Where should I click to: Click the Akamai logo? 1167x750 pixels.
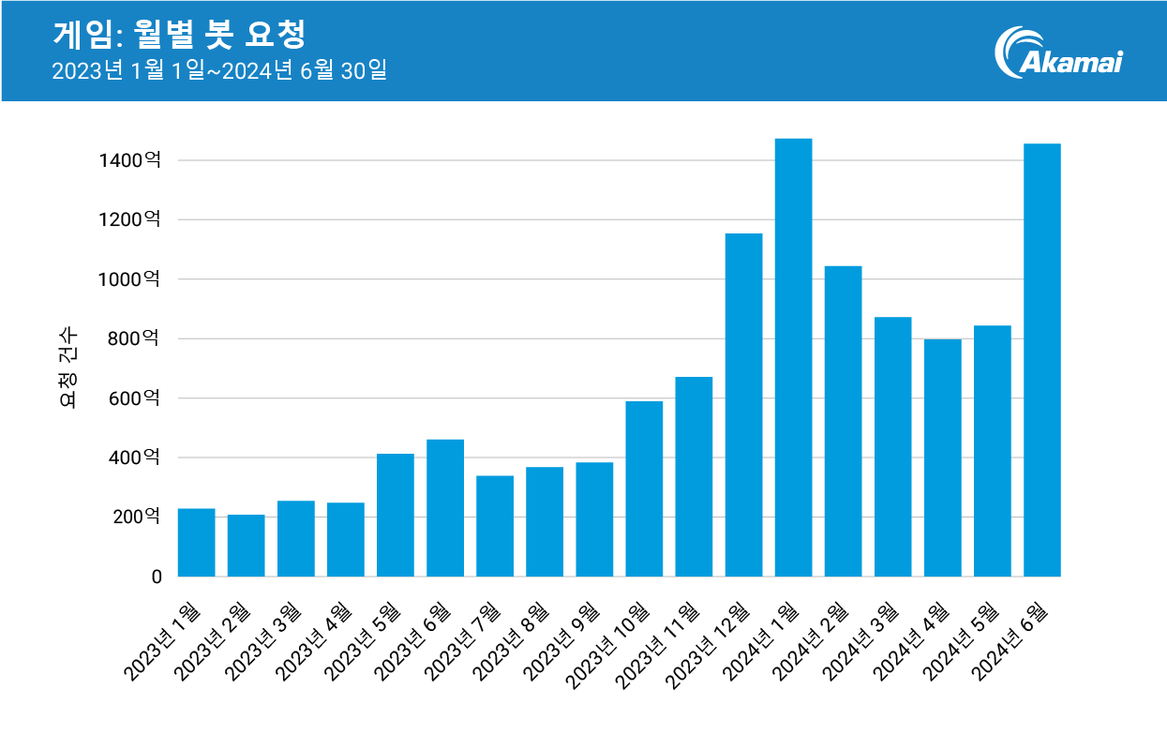pyautogui.click(x=1059, y=52)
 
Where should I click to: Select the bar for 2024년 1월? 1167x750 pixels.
pyautogui.click(x=793, y=357)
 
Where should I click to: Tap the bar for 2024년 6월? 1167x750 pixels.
pyautogui.click(x=1041, y=360)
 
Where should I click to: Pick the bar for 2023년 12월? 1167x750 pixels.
pyautogui.click(x=743, y=405)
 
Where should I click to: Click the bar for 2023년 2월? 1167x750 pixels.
pyautogui.click(x=246, y=546)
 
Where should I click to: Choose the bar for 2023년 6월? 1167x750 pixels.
pyautogui.click(x=445, y=508)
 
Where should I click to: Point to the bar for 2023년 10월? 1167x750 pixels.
pyautogui.click(x=644, y=488)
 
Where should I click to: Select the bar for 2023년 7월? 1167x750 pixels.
pyautogui.click(x=495, y=526)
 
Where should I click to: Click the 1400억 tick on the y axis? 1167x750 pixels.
pyautogui.click(x=129, y=160)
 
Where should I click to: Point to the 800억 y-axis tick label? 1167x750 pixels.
pyautogui.click(x=135, y=338)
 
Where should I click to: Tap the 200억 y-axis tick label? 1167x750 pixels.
pyautogui.click(x=135, y=517)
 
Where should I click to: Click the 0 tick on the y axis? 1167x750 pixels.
pyautogui.click(x=157, y=577)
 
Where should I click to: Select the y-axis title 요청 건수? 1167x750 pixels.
pyautogui.click(x=68, y=368)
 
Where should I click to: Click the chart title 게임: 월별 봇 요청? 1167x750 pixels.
pyautogui.click(x=179, y=35)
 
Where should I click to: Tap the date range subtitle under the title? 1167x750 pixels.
pyautogui.click(x=219, y=71)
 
